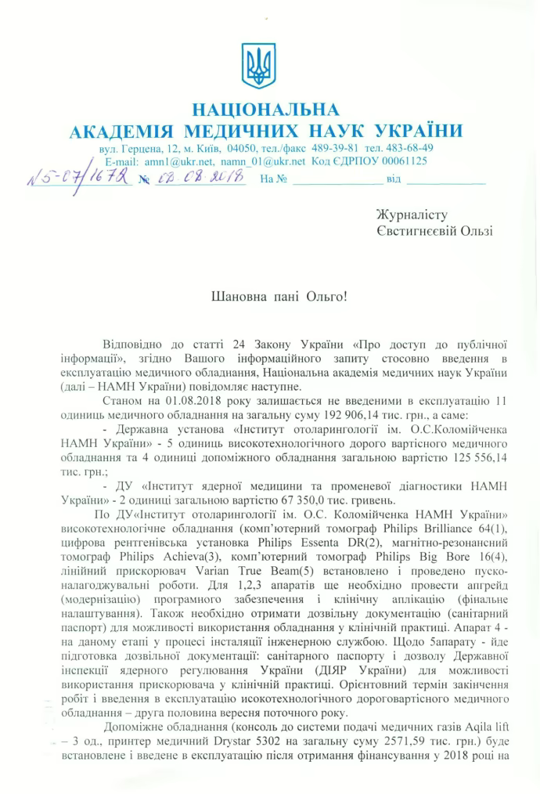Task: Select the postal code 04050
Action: (242, 148)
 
